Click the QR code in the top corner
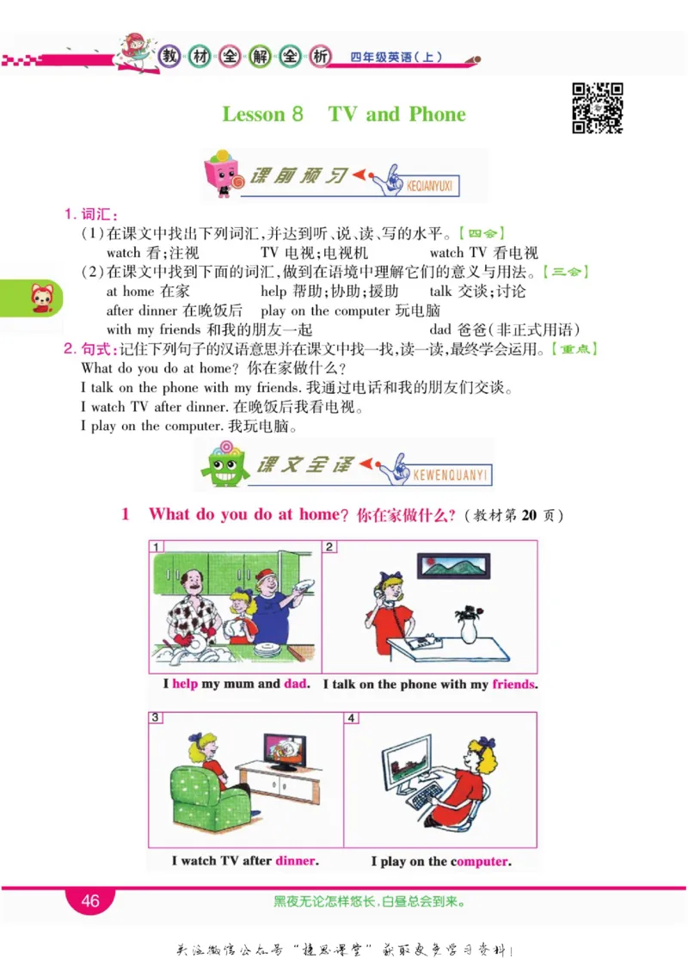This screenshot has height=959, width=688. (597, 108)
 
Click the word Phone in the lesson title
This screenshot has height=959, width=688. (437, 114)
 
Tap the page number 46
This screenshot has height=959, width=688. (90, 901)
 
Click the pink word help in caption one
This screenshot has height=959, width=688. (185, 685)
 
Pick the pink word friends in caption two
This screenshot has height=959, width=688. (513, 685)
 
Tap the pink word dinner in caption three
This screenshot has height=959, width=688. (296, 860)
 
